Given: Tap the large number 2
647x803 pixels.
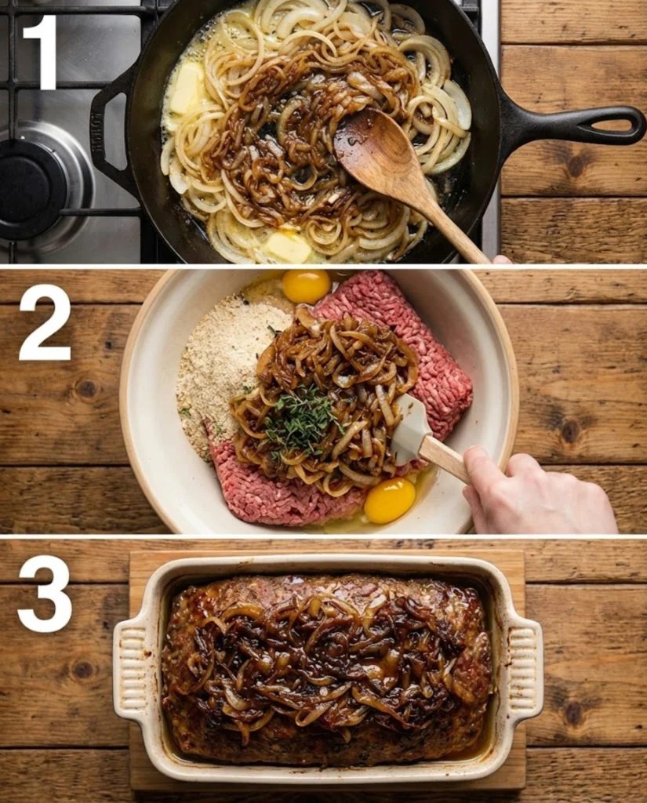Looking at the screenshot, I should tap(45, 322).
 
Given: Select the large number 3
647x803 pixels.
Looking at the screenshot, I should tap(45, 594).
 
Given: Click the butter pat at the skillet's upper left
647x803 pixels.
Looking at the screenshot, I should tap(187, 88).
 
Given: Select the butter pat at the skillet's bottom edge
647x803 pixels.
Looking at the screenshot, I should tap(287, 247).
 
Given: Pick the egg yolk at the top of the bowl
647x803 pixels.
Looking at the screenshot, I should tap(306, 286).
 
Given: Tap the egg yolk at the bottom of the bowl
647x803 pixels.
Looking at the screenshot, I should tap(390, 500).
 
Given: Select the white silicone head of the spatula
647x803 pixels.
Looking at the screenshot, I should tap(410, 428).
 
